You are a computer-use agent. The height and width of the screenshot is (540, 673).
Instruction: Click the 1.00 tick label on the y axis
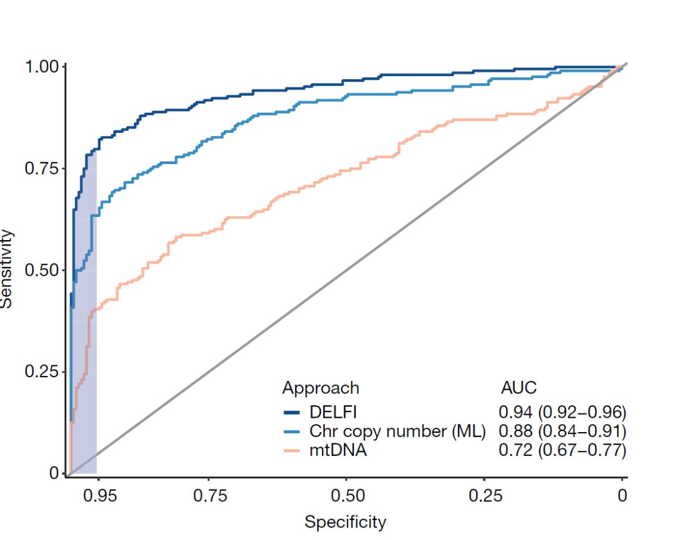(x=42, y=66)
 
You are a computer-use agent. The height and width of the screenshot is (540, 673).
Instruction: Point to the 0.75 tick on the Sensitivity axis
(x=42, y=168)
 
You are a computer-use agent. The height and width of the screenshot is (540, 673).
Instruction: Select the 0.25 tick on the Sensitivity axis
(x=42, y=372)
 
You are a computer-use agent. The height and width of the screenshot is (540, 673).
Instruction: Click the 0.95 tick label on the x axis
(x=100, y=496)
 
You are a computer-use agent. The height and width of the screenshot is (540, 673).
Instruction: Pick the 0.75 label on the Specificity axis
(x=209, y=496)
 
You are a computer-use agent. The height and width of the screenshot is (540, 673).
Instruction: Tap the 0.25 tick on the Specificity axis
(x=485, y=496)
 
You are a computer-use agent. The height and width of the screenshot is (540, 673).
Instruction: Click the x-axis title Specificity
(x=345, y=522)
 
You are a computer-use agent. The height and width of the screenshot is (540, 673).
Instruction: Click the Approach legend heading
(x=320, y=388)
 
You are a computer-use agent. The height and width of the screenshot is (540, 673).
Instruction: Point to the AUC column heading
(x=518, y=388)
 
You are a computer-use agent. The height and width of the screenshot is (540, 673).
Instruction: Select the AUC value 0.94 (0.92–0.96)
(x=562, y=412)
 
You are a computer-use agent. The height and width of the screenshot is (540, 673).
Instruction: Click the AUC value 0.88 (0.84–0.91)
(x=562, y=431)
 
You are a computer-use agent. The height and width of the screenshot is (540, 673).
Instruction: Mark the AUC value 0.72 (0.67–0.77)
(x=562, y=450)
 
